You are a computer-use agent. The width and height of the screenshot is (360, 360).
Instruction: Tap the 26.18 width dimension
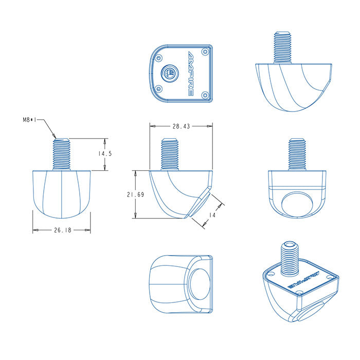[62, 230]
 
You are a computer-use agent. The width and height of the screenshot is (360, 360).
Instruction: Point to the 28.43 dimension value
[181, 125]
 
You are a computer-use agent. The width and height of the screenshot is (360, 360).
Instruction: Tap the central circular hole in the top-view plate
[168, 73]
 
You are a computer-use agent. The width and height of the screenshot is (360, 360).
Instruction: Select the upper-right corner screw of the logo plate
[205, 52]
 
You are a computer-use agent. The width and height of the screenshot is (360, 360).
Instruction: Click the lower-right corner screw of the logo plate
[205, 95]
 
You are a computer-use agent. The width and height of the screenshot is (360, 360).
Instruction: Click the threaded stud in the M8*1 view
[62, 154]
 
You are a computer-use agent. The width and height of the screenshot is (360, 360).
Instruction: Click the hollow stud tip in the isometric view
[291, 244]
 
